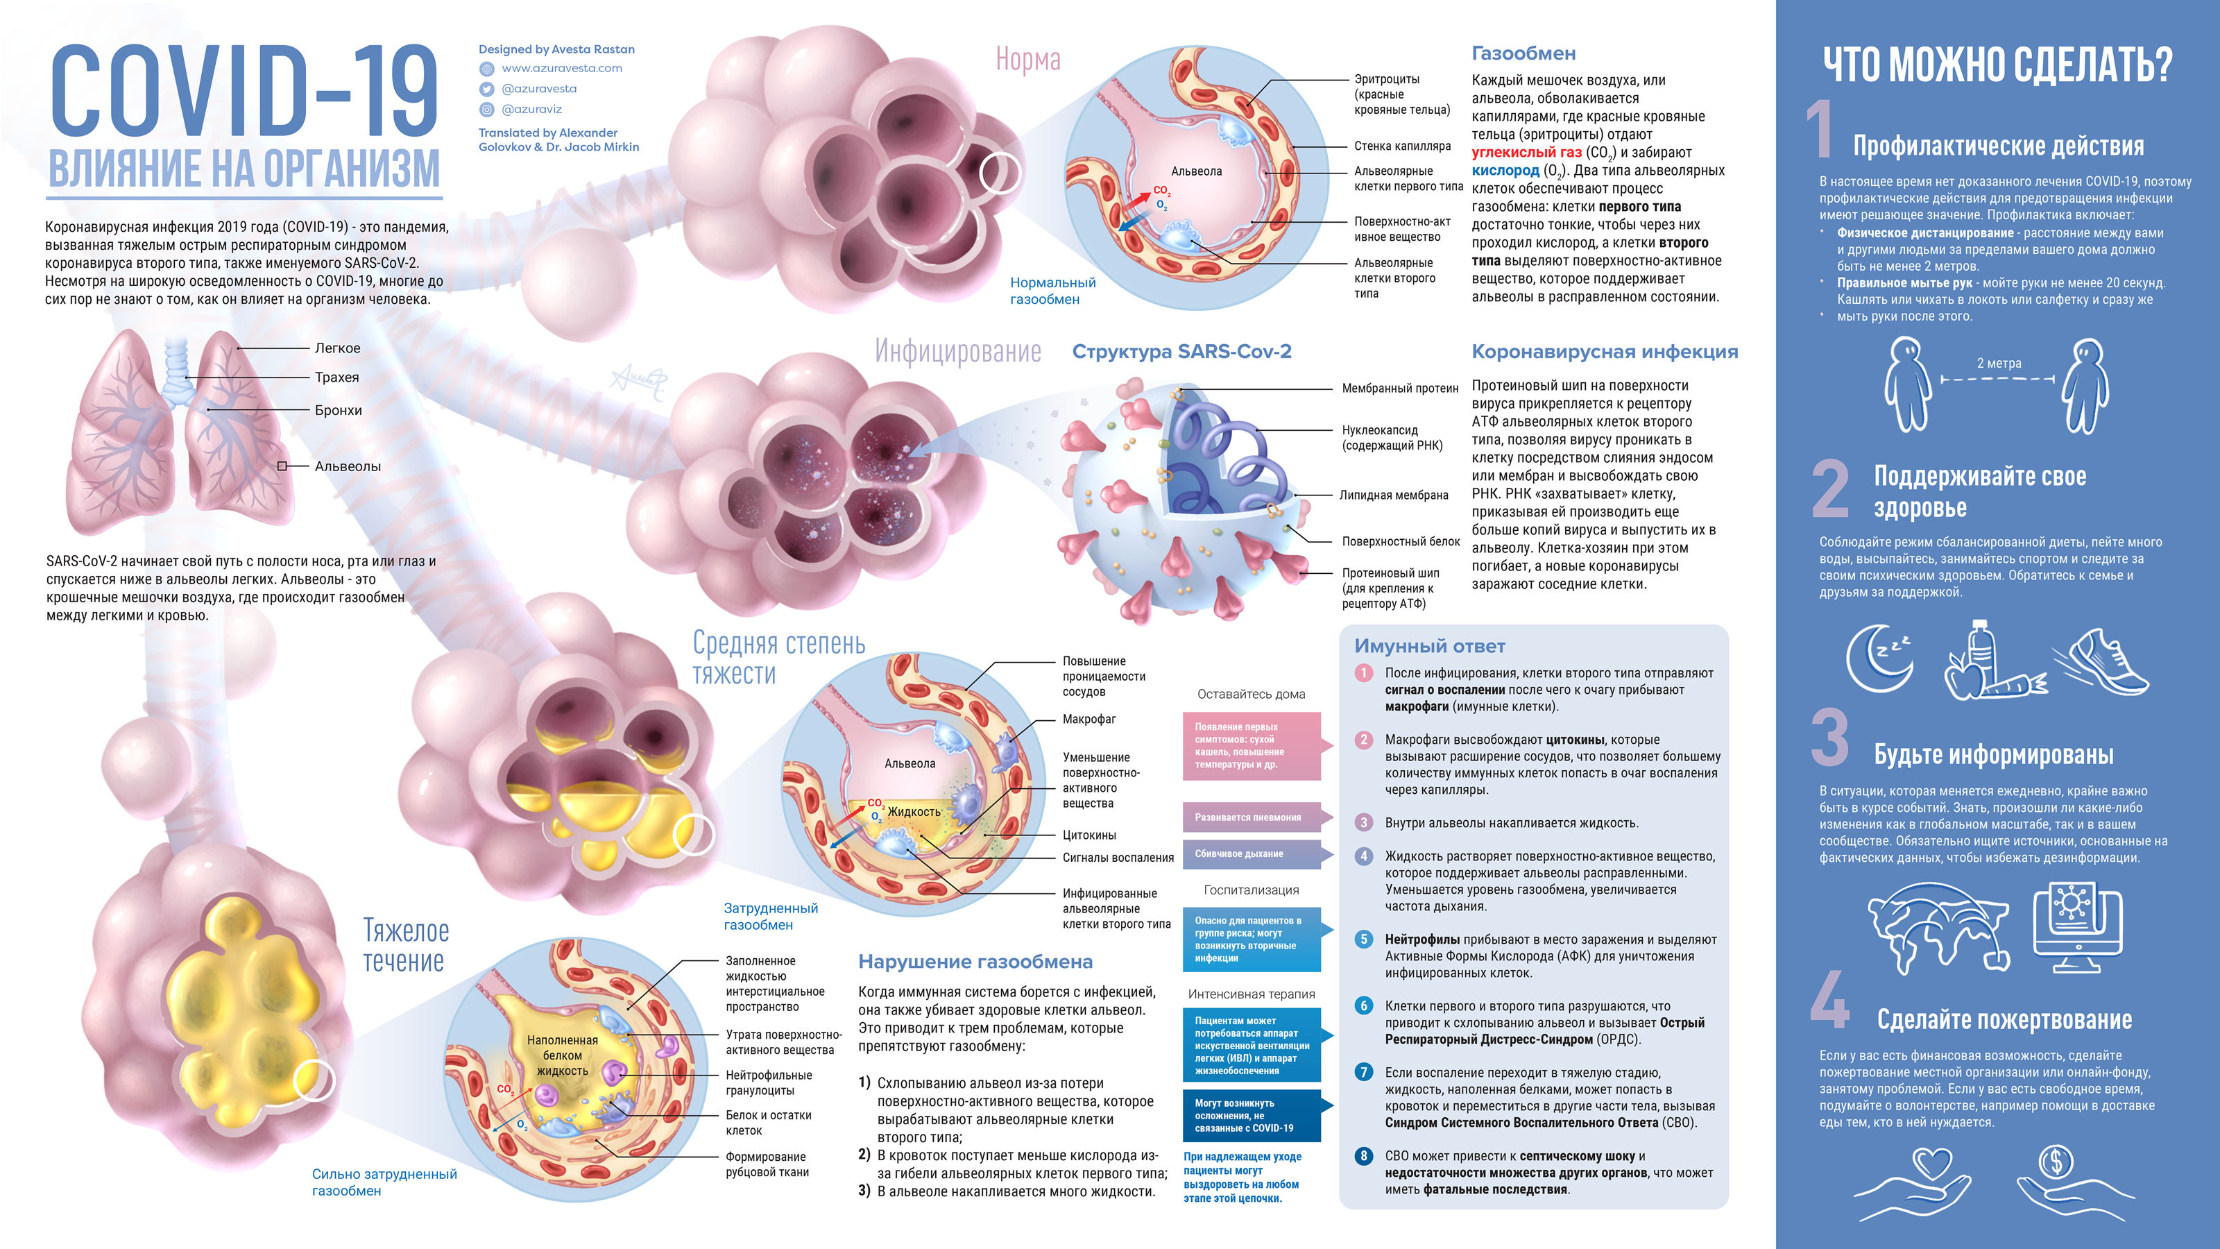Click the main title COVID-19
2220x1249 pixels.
click(245, 92)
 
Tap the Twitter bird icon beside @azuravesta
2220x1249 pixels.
click(486, 89)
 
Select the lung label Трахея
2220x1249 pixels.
click(337, 377)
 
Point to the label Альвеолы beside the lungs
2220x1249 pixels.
click(348, 466)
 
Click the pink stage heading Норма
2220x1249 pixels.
click(1028, 60)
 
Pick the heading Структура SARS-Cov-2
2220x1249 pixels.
click(1181, 352)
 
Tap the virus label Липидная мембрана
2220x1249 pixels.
click(1394, 495)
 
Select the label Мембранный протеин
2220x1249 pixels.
click(1399, 389)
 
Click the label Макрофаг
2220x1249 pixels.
click(1089, 719)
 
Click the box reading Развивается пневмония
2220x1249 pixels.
click(1252, 817)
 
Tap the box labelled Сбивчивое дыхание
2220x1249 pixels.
click(1252, 854)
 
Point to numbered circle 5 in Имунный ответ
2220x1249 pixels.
click(1363, 940)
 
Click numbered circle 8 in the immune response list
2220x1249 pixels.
click(1363, 1156)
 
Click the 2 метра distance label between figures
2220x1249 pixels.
click(1999, 364)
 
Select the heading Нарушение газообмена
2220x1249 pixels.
click(975, 962)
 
